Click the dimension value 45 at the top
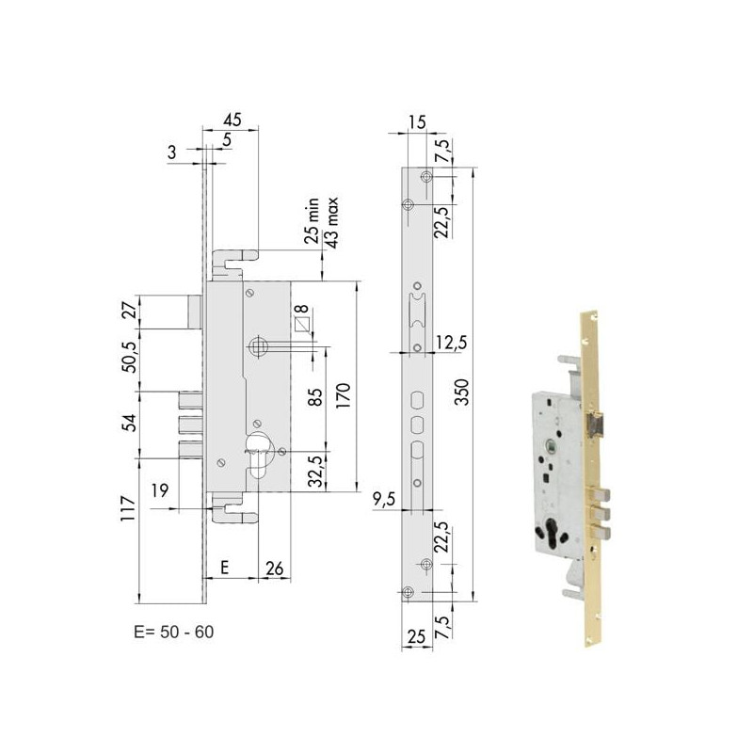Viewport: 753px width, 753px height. coord(232,120)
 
